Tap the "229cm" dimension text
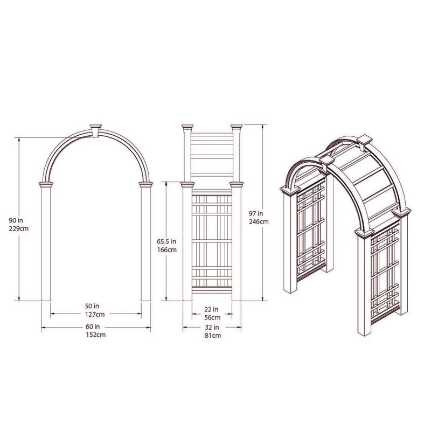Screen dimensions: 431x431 click(x=19, y=228)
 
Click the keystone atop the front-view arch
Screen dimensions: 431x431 click(x=95, y=130)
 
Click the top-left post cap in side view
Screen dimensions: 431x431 click(x=187, y=127)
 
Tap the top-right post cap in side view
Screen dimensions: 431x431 click(x=237, y=127)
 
